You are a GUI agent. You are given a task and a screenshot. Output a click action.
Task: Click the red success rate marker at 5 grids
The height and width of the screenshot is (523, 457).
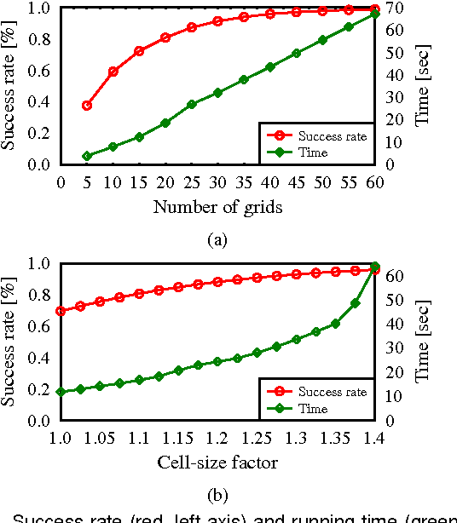87,106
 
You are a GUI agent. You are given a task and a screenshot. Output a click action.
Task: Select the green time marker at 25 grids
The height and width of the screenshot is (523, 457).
192,105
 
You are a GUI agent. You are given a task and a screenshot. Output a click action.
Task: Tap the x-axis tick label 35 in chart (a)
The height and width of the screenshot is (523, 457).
244,181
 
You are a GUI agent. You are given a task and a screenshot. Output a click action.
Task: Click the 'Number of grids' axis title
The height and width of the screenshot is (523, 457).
217,207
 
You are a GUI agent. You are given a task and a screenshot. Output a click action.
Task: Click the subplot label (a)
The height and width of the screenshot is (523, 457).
217,240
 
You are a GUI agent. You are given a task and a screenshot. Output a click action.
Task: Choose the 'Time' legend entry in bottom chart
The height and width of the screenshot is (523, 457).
313,409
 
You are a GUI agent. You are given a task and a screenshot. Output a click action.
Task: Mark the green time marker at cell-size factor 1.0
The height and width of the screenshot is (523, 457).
61,392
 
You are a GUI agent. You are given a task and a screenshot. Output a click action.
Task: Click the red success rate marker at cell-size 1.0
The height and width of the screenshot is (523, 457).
61,311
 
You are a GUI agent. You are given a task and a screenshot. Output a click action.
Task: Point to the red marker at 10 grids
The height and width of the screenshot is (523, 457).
113,72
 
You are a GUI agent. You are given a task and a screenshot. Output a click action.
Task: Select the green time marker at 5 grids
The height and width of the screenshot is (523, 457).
87,156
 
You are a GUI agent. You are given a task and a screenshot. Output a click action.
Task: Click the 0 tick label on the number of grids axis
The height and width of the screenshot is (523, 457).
61,181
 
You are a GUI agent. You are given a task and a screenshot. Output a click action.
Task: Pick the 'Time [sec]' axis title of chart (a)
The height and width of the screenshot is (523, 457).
423,85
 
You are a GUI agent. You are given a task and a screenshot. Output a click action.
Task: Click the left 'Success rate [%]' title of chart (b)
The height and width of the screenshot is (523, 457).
11,341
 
